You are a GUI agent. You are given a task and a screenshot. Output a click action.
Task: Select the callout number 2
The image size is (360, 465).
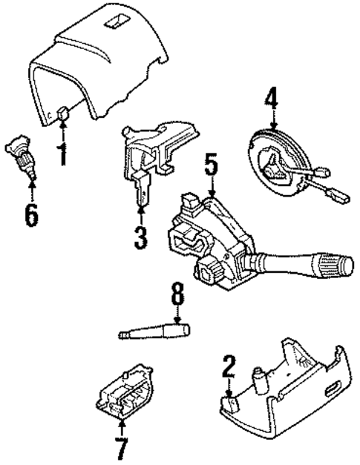(229, 367)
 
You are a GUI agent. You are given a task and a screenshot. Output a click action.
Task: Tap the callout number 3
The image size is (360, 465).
(141, 237)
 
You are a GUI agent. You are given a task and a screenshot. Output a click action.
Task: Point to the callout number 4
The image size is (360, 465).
(273, 98)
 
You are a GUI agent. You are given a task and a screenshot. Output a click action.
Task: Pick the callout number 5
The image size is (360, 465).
(212, 165)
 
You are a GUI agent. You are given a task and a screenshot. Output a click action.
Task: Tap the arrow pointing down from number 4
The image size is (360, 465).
(273, 120)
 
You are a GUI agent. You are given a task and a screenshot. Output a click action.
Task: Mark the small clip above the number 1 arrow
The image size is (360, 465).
(63, 113)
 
